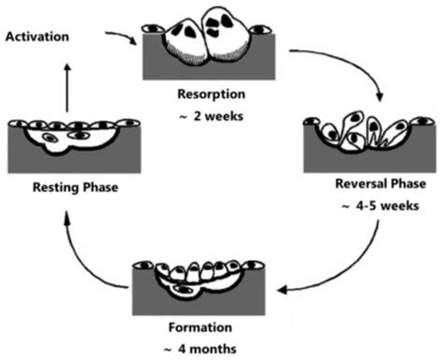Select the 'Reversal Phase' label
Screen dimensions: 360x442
pyautogui.click(x=372, y=186)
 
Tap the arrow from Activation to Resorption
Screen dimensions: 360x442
pyautogui.click(x=118, y=40)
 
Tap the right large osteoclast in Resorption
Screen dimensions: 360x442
pyautogui.click(x=231, y=35)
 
